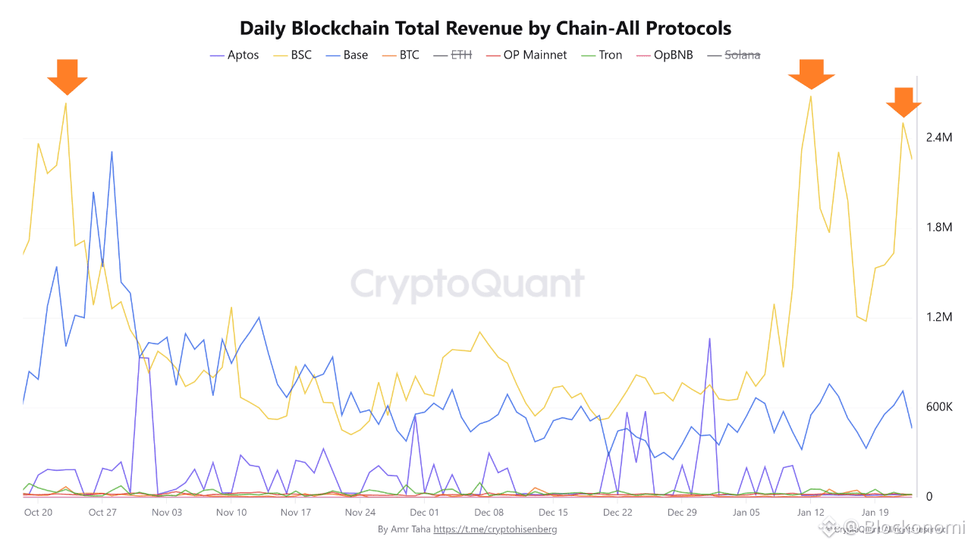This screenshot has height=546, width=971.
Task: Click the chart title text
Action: (x=485, y=29)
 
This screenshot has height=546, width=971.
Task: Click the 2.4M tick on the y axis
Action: (x=938, y=138)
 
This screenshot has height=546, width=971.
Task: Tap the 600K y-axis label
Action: (x=938, y=407)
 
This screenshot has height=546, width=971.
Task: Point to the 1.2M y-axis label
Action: (x=938, y=317)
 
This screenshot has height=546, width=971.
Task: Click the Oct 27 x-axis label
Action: (x=102, y=513)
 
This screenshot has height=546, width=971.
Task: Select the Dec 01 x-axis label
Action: (x=425, y=513)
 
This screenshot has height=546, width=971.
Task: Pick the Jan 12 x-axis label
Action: (x=811, y=513)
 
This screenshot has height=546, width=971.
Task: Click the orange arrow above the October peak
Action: (x=67, y=76)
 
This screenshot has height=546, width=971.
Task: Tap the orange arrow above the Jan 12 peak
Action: (x=811, y=76)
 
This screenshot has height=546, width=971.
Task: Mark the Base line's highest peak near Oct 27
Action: (x=112, y=152)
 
